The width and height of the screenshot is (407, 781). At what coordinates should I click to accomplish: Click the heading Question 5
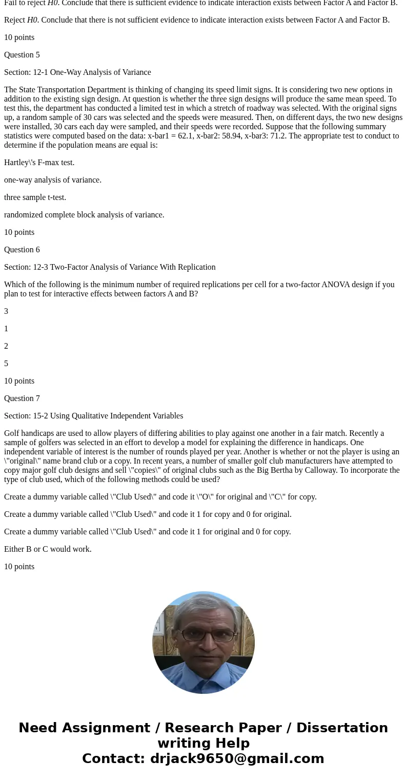22,55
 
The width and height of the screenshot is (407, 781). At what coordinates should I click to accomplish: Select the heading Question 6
22,250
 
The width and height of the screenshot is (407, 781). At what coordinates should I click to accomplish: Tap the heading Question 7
22,398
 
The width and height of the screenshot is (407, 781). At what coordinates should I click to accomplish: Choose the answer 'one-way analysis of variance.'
53,180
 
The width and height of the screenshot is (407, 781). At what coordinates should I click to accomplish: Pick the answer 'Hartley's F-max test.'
39,163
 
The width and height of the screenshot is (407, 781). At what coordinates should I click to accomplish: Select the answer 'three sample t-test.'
35,197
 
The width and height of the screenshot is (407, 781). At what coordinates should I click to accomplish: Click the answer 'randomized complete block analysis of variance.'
84,215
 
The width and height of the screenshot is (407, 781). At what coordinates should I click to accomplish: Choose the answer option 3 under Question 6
6,311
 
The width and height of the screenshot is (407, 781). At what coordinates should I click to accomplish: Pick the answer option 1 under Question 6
6,329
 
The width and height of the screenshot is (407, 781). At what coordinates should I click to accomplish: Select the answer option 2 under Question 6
6,346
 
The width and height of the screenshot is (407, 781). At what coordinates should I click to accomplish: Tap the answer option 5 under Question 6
6,364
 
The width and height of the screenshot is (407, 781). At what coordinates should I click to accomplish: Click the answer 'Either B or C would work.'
48,549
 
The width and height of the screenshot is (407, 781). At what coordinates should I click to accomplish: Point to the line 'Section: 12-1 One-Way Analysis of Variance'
77,72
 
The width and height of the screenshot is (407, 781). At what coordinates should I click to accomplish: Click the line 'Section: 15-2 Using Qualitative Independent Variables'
93,416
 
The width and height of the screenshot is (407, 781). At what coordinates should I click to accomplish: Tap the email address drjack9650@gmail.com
237,758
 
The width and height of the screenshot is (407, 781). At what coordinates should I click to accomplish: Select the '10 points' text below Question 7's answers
19,567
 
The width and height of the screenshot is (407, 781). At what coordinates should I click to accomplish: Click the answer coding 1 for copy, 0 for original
148,514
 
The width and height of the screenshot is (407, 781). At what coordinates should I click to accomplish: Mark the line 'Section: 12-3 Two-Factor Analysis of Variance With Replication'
110,267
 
